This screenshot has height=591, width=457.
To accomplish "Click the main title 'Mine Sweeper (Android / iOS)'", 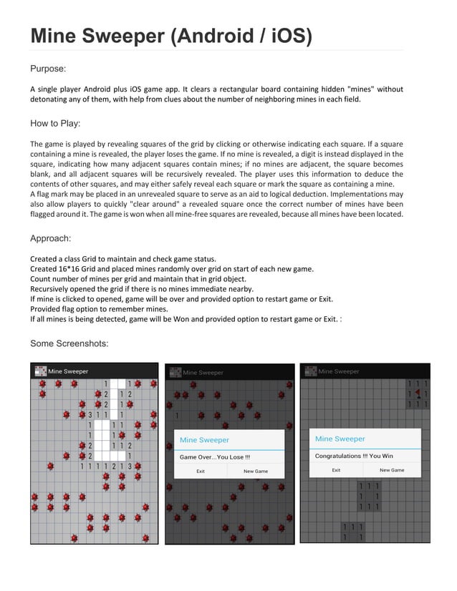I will [170, 35].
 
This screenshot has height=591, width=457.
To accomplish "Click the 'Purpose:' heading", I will [48, 69].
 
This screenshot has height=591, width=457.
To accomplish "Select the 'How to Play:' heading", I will [55, 123].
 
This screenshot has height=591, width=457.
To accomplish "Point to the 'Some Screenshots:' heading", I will [69, 344].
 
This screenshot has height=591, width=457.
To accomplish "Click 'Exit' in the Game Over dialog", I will [201, 472].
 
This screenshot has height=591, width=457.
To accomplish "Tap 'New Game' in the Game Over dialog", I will [256, 472].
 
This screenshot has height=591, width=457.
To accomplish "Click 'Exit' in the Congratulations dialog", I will [336, 470].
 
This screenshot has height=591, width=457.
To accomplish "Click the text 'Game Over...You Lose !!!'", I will [214, 456].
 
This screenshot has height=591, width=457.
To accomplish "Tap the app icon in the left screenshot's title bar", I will [39, 371].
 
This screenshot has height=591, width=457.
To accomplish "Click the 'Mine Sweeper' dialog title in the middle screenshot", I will [204, 440].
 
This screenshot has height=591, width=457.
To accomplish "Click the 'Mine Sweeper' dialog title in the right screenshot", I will [340, 439].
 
